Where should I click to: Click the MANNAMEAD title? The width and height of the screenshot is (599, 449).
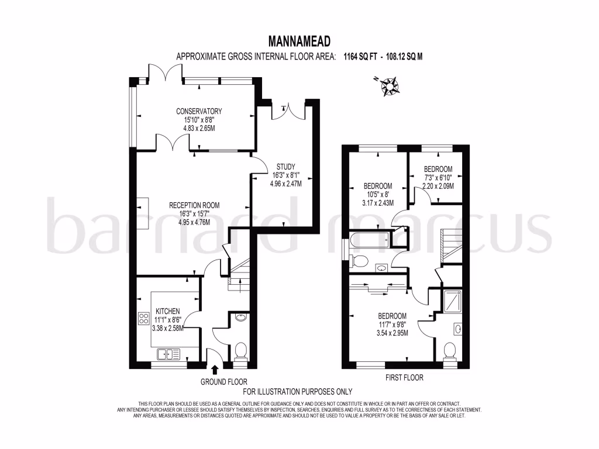click(299, 41)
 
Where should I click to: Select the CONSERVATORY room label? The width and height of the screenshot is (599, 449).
click(199, 111)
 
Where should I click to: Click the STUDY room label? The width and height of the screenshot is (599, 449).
click(286, 166)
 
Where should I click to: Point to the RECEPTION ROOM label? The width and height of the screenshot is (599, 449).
click(194, 205)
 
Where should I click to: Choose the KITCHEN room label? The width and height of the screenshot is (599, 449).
click(167, 311)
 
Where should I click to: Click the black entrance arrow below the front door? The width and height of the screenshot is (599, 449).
click(215, 369)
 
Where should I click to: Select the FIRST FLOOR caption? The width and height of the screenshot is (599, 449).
click(404, 378)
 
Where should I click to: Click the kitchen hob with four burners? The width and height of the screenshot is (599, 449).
click(143, 319)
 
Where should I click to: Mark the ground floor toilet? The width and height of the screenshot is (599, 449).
click(240, 351)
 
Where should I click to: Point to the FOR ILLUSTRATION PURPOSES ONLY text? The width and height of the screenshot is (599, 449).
click(298, 392)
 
